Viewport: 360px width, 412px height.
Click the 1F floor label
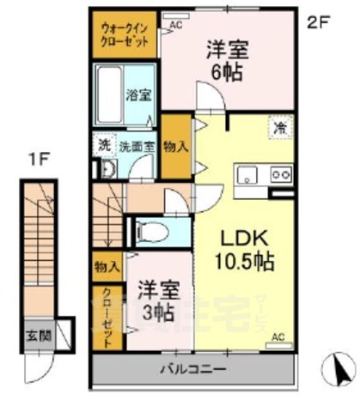coord(35,159)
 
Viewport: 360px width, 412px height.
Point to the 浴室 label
coord(139,94)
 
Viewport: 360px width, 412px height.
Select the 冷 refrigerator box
coord(281,128)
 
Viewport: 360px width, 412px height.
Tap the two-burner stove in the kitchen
coord(281,175)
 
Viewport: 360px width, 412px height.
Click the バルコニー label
coord(192,370)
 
